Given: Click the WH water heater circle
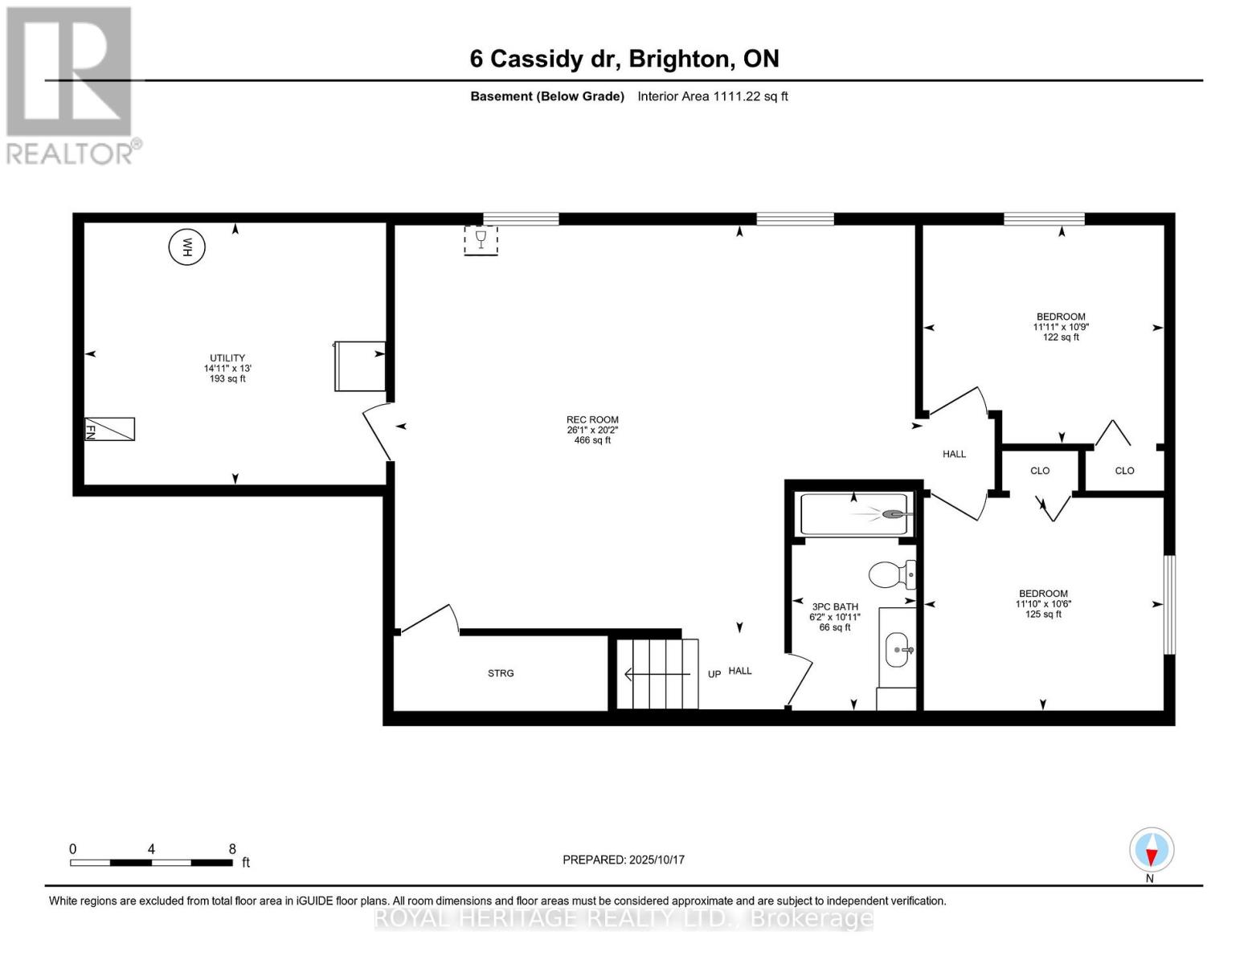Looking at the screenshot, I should (x=186, y=247).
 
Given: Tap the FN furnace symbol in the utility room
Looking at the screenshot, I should (x=110, y=429).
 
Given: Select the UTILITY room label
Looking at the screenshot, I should (x=227, y=368).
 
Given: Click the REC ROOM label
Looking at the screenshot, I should (x=592, y=430).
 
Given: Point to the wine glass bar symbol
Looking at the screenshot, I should (x=481, y=240).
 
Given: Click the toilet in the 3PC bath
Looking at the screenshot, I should (x=891, y=575).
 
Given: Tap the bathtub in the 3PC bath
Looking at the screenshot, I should (x=855, y=514).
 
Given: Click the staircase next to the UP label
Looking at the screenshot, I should (x=657, y=674).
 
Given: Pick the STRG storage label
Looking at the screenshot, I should (x=501, y=673).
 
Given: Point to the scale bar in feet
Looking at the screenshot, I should (x=151, y=862).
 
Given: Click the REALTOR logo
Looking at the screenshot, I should (x=71, y=85).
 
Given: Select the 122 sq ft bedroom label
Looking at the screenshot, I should (x=1060, y=327).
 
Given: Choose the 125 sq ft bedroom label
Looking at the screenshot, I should (x=1043, y=604).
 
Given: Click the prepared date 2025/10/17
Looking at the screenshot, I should (x=624, y=860).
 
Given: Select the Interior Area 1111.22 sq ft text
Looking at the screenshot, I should (x=713, y=96).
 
